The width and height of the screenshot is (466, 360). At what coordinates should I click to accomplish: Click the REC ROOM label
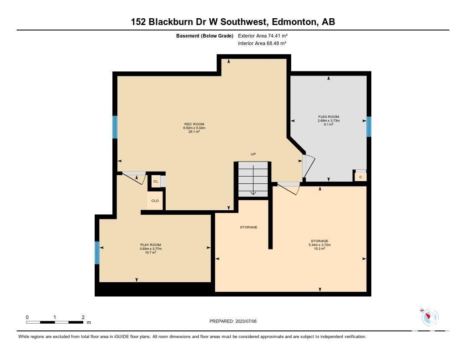pyautogui.click(x=194, y=124)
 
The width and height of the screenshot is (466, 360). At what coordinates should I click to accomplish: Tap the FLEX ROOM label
pyautogui.click(x=329, y=117)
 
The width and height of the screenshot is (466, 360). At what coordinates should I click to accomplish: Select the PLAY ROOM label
pyautogui.click(x=151, y=245)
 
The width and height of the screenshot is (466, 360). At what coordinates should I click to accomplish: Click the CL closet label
pyautogui.click(x=156, y=181)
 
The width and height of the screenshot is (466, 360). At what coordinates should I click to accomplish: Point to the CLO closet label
pyautogui.click(x=155, y=201)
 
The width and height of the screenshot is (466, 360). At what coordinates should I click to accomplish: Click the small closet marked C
pyautogui.click(x=360, y=177)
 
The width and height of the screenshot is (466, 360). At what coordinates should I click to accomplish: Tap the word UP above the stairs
pyautogui.click(x=253, y=154)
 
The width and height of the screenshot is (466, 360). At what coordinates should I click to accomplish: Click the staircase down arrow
pyautogui.click(x=253, y=180)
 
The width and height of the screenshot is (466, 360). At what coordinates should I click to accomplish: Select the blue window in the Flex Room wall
pyautogui.click(x=369, y=127)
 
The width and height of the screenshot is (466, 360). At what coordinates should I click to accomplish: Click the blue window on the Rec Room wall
pyautogui.click(x=115, y=127)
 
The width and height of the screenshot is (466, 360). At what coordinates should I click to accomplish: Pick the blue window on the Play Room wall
pyautogui.click(x=97, y=253)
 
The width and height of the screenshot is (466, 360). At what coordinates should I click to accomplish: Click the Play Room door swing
pyautogui.click(x=134, y=178)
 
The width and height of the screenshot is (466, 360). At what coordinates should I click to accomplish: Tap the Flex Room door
pyautogui.click(x=308, y=167)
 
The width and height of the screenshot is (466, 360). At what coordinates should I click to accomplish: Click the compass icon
pyautogui.click(x=430, y=317)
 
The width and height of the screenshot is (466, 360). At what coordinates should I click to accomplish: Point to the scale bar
pyautogui.click(x=55, y=322)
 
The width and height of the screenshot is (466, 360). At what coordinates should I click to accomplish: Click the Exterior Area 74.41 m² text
pyautogui.click(x=263, y=35)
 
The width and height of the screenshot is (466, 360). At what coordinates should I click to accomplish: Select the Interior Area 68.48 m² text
pyautogui.click(x=262, y=43)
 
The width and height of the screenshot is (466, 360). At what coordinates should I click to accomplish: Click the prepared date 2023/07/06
pyautogui.click(x=246, y=321)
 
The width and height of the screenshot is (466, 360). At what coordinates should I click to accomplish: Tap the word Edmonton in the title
pyautogui.click(x=294, y=22)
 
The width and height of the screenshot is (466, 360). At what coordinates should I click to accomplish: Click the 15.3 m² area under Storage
pyautogui.click(x=319, y=248)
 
